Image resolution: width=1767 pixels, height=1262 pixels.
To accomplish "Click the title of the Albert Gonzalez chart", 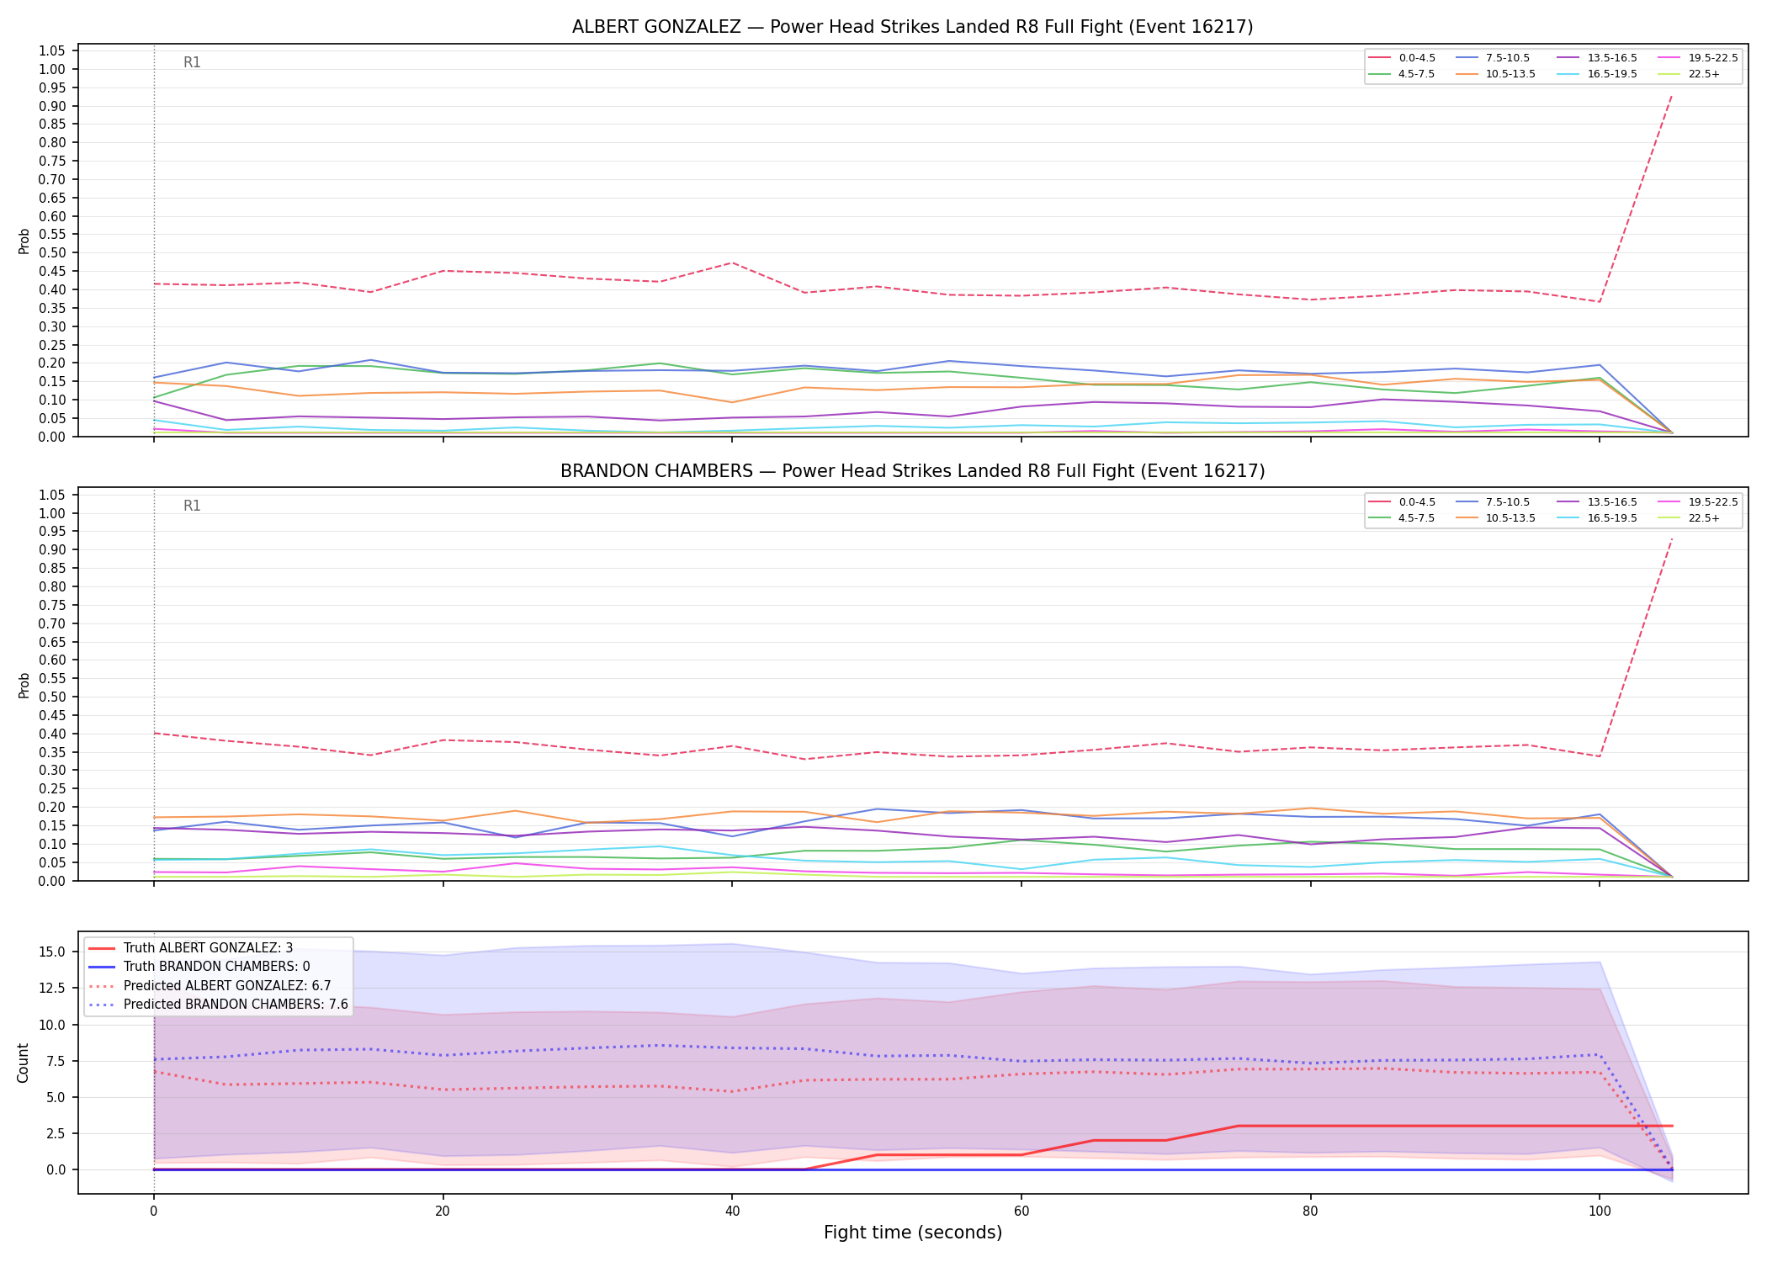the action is (x=912, y=27).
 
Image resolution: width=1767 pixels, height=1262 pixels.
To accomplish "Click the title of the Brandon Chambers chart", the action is (x=912, y=471).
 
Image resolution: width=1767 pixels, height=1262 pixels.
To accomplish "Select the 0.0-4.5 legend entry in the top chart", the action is (x=1402, y=58).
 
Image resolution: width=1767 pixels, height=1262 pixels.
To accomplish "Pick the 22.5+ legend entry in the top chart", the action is (x=1689, y=74).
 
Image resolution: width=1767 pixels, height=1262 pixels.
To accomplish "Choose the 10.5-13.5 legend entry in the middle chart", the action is (x=1495, y=518).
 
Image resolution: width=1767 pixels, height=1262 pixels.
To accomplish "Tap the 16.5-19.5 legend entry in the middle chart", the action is (x=1597, y=518).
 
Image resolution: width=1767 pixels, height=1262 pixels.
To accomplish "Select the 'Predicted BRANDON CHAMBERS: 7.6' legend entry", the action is (x=218, y=1004).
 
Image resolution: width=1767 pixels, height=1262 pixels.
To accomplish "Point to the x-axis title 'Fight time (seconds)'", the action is (x=913, y=1233).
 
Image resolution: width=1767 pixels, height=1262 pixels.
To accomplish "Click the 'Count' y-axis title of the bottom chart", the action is (x=24, y=1063).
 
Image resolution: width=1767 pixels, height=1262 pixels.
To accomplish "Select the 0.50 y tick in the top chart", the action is (x=52, y=252).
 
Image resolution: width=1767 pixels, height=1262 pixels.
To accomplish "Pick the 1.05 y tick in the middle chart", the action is (x=52, y=495).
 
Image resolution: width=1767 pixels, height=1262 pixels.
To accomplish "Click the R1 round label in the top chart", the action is (x=192, y=62).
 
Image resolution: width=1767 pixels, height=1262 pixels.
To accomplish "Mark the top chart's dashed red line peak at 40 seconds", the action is (x=732, y=262).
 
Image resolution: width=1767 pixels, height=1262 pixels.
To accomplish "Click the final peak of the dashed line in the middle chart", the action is (x=1671, y=539).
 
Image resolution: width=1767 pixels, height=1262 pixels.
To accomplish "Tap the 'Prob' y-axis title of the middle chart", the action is (x=24, y=685).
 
